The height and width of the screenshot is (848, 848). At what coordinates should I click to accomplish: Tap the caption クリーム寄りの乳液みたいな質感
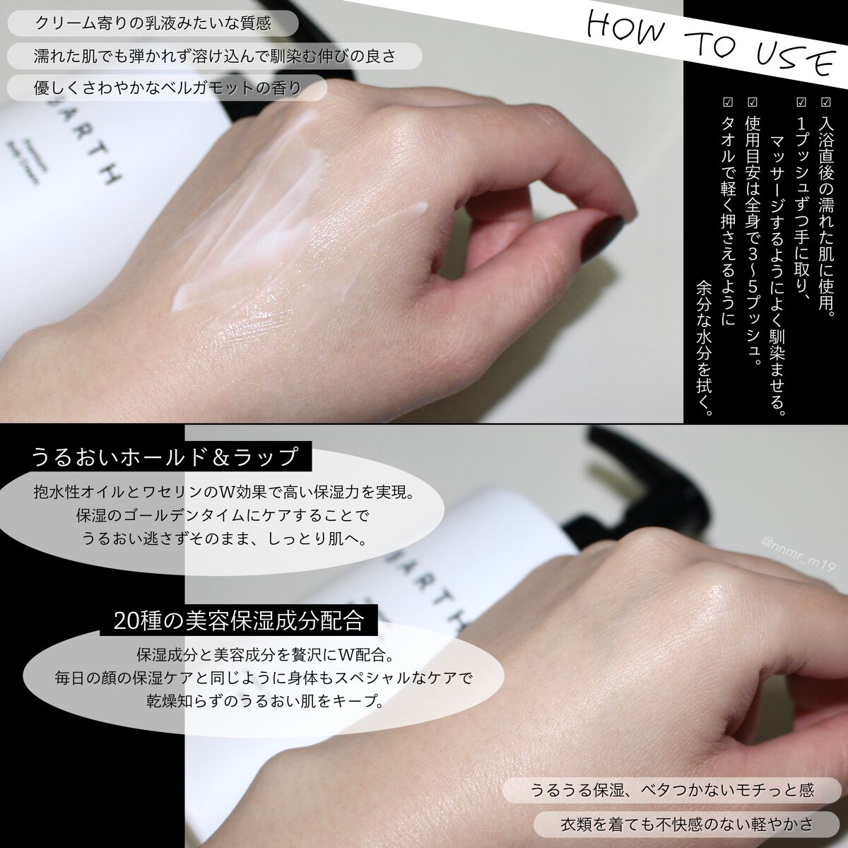(153, 23)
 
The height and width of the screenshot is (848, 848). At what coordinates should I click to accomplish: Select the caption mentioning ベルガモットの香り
(167, 88)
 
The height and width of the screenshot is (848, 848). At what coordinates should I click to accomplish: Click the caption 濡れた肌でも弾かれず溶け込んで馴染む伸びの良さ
(214, 56)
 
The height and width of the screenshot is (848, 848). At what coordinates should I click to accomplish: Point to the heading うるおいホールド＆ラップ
(165, 457)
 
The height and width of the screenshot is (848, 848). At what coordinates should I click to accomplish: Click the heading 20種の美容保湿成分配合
(239, 620)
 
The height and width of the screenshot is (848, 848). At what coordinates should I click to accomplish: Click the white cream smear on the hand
(247, 220)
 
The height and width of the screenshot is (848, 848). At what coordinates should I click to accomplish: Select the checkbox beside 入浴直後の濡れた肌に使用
(825, 102)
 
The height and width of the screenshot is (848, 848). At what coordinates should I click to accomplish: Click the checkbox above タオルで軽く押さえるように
(727, 102)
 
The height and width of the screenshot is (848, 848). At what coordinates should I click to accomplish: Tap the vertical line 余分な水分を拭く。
(704, 347)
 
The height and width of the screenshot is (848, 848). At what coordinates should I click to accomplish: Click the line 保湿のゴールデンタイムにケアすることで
(222, 515)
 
